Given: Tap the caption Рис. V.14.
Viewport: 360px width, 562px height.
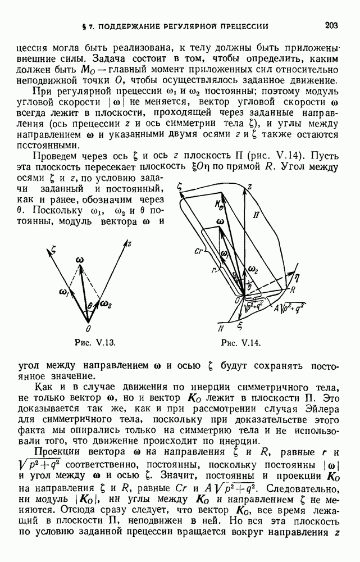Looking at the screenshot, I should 241,342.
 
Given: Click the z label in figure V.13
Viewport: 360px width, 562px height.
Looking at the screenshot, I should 129,244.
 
